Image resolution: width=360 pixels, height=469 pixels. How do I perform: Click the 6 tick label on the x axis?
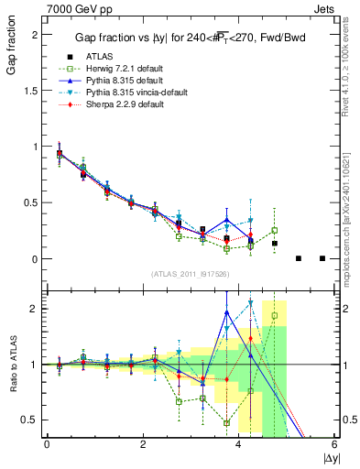point(334,445)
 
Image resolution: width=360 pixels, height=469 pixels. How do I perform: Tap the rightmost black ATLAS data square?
point(322,258)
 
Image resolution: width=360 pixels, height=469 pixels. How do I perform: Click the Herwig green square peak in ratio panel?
point(274,316)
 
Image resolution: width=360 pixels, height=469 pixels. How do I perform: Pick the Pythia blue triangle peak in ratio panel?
point(226,312)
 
